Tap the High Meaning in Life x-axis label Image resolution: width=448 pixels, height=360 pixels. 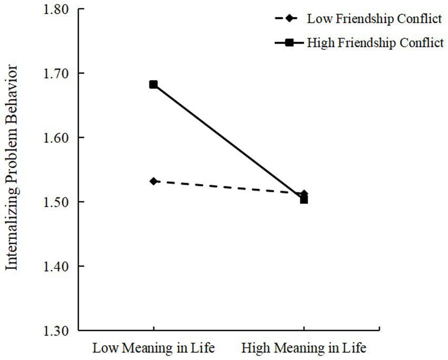(x=304, y=348)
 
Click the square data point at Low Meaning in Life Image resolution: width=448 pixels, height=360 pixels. (x=153, y=84)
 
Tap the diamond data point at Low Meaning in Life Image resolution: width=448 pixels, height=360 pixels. (x=153, y=181)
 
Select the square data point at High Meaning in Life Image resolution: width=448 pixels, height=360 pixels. (x=304, y=199)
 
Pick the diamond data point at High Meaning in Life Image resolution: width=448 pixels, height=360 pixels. (x=304, y=194)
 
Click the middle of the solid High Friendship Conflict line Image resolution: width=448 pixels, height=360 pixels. (x=228, y=142)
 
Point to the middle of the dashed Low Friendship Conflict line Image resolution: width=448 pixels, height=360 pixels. (x=228, y=187)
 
